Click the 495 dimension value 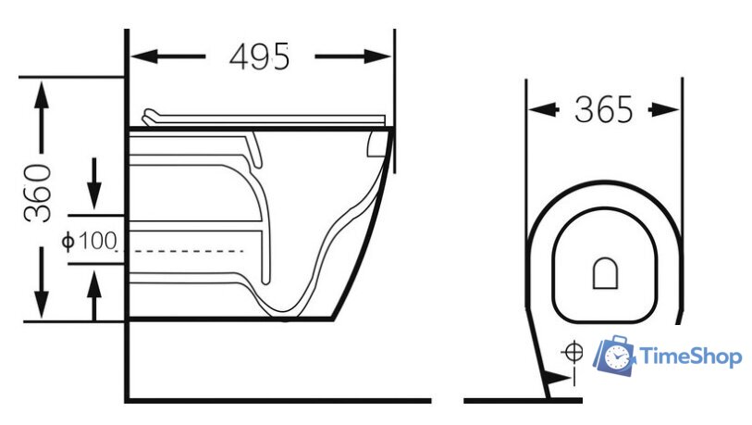pyautogui.click(x=260, y=57)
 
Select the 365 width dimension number pyautogui.click(x=604, y=109)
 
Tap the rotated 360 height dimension pyautogui.click(x=37, y=193)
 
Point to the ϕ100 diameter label pyautogui.click(x=89, y=241)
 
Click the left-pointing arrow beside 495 pyautogui.click(x=168, y=56)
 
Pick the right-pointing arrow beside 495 pyautogui.click(x=352, y=56)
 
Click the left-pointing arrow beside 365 pyautogui.click(x=544, y=110)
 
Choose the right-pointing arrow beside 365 pyautogui.click(x=664, y=110)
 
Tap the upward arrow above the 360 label pyautogui.click(x=42, y=118)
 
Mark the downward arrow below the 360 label pyautogui.click(x=42, y=282)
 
